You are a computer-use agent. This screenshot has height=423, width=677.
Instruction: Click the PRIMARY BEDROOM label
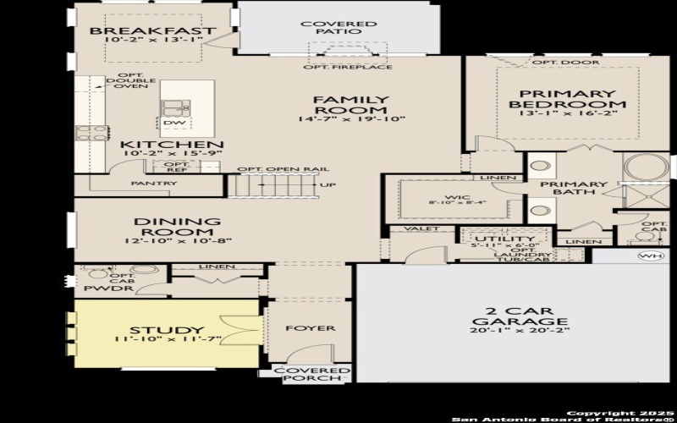point(567,99)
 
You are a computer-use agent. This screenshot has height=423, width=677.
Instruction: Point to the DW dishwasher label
point(173,124)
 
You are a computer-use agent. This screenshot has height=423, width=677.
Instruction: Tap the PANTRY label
point(154,184)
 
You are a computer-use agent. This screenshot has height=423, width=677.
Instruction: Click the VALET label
point(418,229)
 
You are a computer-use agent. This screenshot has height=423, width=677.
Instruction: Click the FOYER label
point(309,328)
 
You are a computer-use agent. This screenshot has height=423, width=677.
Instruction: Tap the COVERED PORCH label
point(313,375)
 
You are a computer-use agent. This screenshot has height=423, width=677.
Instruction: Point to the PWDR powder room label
point(99,288)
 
